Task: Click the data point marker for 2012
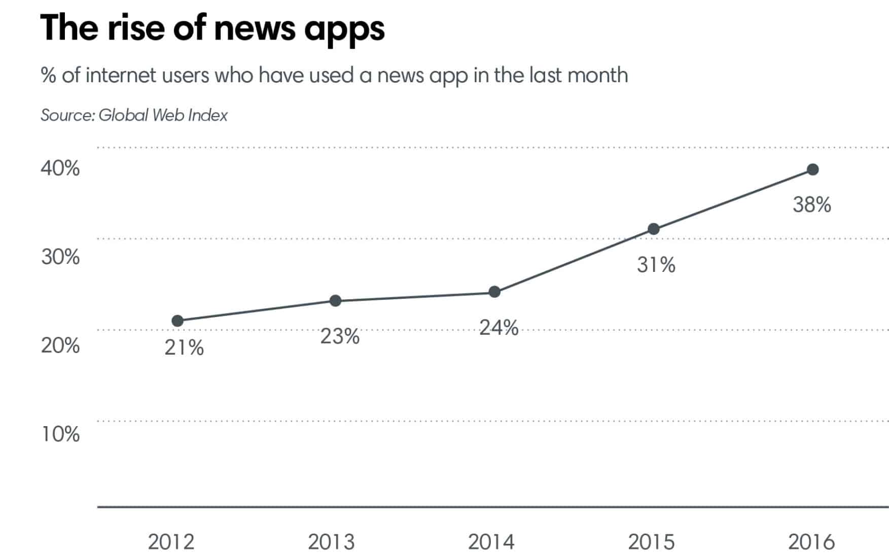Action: [x=177, y=321]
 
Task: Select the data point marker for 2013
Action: [x=335, y=301]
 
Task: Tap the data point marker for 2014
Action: [x=494, y=292]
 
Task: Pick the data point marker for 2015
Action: [x=654, y=229]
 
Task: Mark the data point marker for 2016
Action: [x=812, y=169]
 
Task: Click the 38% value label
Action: [x=812, y=205]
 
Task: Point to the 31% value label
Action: [x=656, y=265]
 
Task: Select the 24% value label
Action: [x=499, y=328]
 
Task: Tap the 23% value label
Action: [x=339, y=336]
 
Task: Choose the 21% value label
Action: [x=184, y=348]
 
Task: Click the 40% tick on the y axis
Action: [x=60, y=168]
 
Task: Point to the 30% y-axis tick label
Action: [x=60, y=257]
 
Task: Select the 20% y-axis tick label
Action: [x=60, y=346]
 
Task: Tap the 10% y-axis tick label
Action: [x=60, y=434]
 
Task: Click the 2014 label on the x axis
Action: [x=491, y=542]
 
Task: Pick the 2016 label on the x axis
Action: [x=811, y=542]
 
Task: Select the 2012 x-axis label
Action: [x=171, y=542]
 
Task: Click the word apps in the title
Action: [x=344, y=29]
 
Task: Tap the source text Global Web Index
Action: [x=163, y=115]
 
